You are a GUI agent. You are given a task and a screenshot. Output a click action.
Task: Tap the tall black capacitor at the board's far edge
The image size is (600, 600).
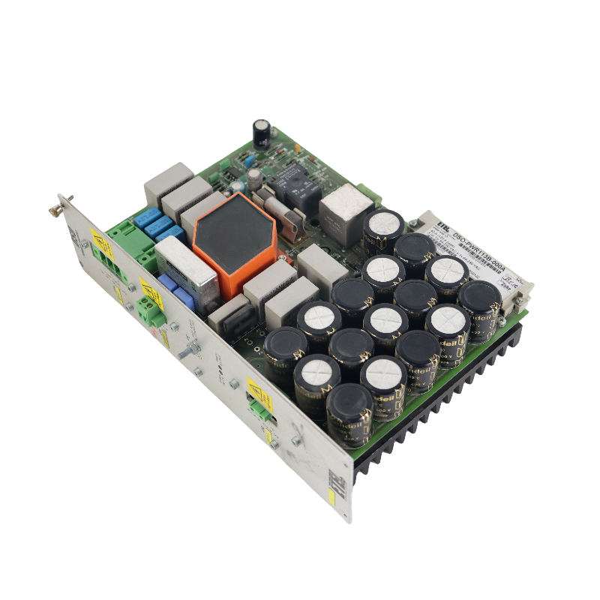click(x=262, y=132)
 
